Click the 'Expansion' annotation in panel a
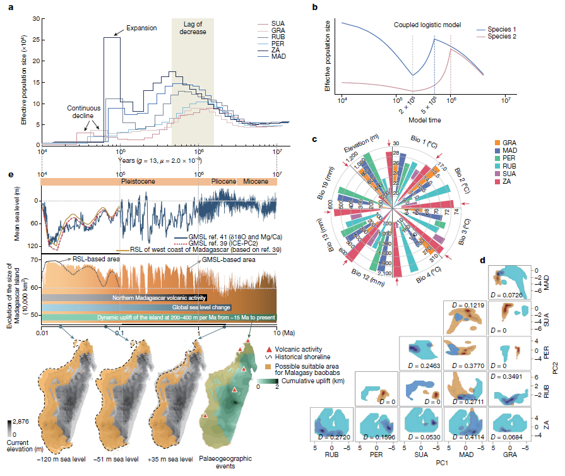(x=142, y=28)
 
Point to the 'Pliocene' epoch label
(x=222, y=182)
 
